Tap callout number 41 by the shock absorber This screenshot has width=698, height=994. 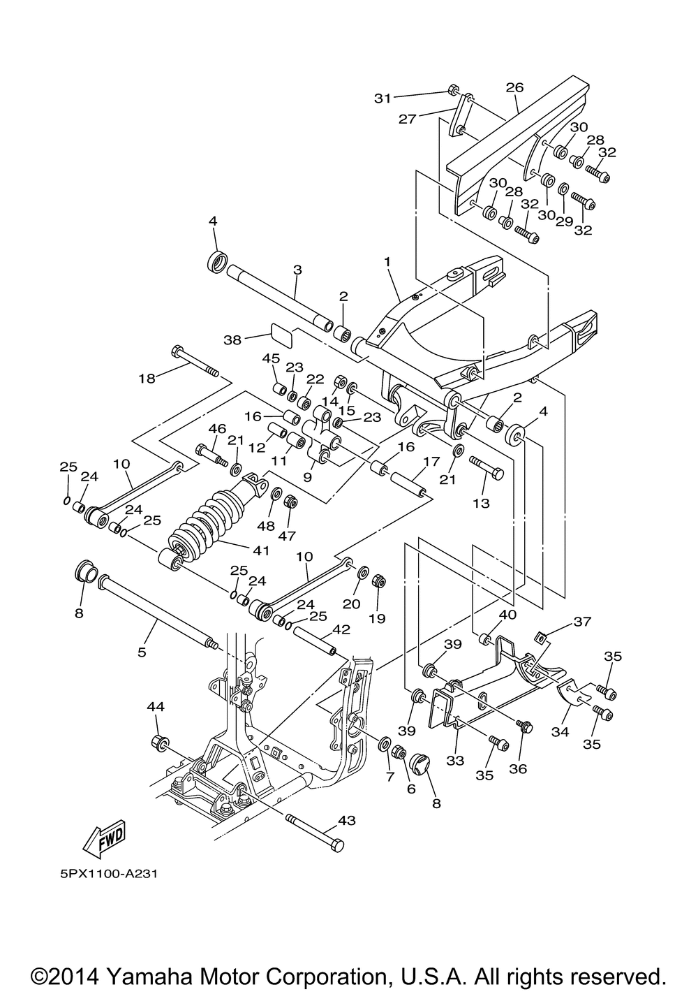coord(260,550)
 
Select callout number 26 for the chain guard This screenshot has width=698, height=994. coord(514,88)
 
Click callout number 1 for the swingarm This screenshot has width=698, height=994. coord(387,261)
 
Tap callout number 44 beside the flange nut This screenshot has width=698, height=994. coord(155,707)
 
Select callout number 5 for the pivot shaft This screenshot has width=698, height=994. coord(142,652)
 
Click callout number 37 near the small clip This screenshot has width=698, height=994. coord(582,621)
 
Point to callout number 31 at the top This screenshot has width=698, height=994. coord(383,98)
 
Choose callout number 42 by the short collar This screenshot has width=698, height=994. coord(341,629)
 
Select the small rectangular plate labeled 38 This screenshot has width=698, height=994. coord(282,335)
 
